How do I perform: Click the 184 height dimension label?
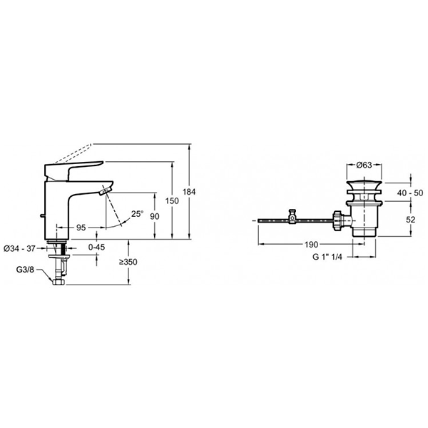189,192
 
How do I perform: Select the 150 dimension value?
172,201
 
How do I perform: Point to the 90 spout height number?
155,216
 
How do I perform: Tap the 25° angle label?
137,214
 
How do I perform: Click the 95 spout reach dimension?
81,228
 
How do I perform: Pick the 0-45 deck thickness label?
96,247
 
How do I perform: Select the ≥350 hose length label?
128,262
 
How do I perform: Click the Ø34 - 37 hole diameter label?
20,249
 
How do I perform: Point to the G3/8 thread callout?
25,270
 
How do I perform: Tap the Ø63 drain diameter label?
364,165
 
